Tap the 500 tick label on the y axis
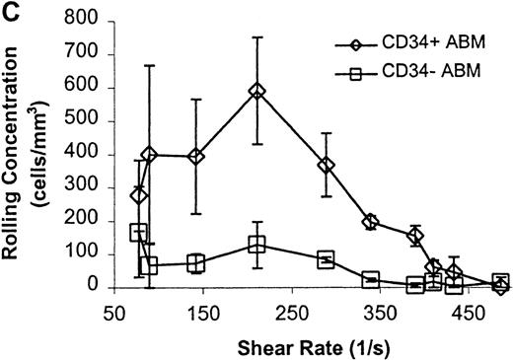point(89,122)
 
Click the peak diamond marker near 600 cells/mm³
point(256,91)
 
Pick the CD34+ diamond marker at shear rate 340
point(370,222)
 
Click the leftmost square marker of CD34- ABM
point(139,232)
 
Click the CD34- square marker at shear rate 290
point(326,259)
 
